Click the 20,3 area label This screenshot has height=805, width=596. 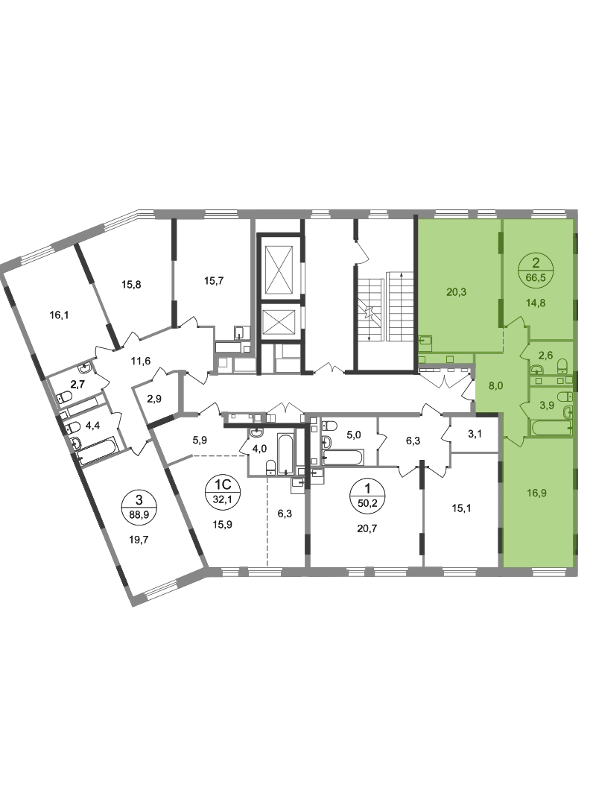pyautogui.click(x=457, y=292)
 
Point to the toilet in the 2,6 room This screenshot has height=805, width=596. pyautogui.click(x=562, y=366)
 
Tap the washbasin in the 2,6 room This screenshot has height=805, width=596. pyautogui.click(x=536, y=369)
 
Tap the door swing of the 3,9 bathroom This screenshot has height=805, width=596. pyautogui.click(x=524, y=407)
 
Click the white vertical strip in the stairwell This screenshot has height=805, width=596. pyautogui.click(x=386, y=310)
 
